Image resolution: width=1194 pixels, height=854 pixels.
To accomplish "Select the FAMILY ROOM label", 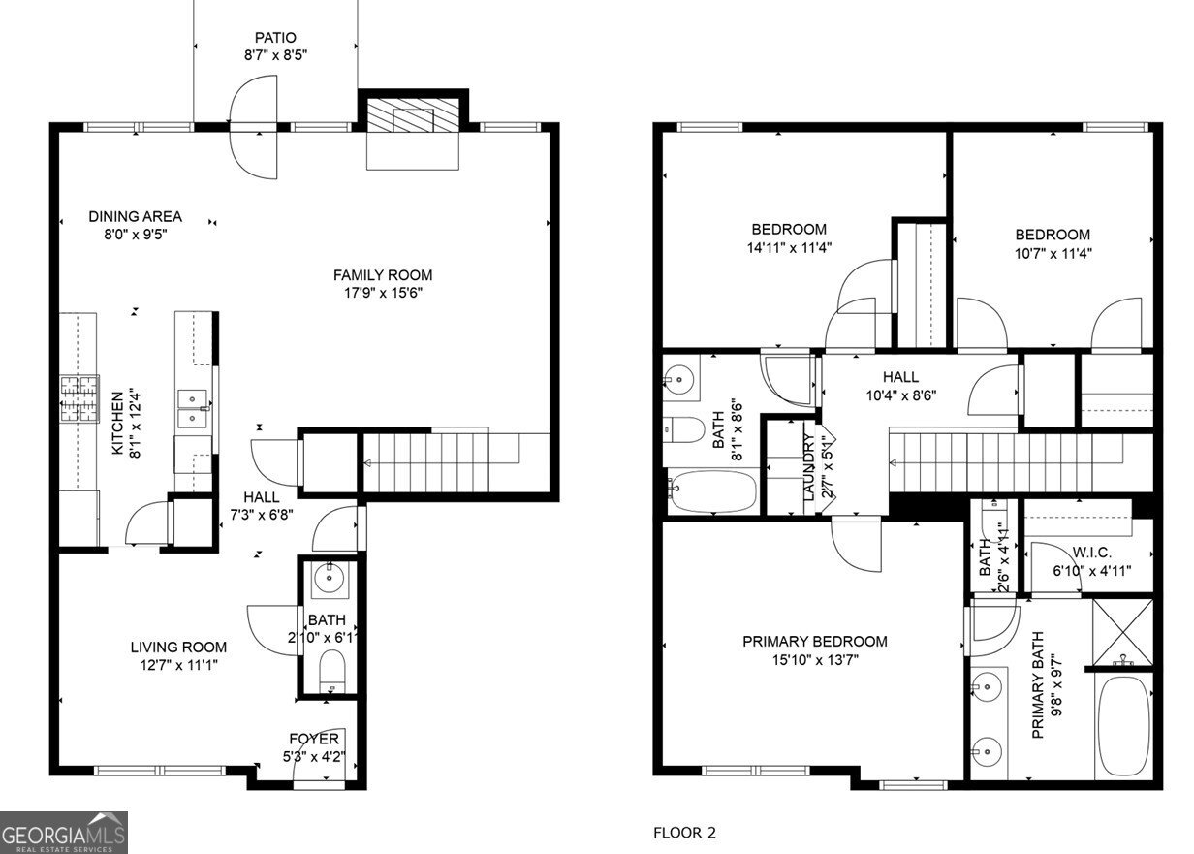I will coord(383,274).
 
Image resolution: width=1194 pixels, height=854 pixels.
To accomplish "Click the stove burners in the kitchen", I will coord(79,397).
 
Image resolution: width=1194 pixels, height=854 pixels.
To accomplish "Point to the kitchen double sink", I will coord(195,408).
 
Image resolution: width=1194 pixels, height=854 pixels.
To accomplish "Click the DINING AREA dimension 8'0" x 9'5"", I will coord(135,234).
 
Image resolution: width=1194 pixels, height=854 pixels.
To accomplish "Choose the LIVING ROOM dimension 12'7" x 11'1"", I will coord(178,664).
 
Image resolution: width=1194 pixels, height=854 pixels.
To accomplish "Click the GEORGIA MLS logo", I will coord(64,832).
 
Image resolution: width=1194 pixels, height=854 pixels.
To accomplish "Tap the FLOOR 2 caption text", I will coord(684,832).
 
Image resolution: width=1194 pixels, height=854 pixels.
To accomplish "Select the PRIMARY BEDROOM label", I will coord(814,641).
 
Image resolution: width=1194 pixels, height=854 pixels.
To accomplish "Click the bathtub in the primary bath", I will coord(1123,725).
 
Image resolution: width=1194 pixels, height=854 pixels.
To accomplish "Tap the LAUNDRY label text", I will coord(808,465).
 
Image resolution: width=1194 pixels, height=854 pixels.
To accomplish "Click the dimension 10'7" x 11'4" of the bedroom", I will coord(1052,253).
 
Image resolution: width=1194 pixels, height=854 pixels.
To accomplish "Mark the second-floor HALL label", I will coord(899,377).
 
